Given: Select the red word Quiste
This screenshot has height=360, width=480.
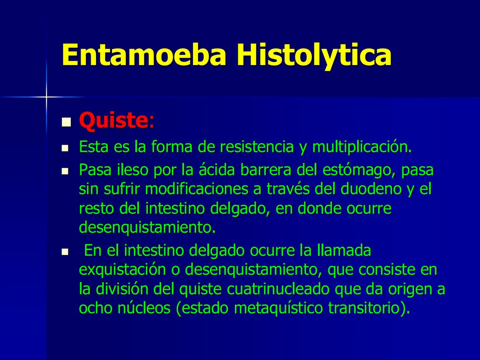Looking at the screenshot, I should (x=113, y=120).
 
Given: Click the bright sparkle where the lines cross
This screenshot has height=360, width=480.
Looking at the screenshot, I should (x=46, y=97).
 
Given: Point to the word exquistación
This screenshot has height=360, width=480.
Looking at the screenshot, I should (x=123, y=270).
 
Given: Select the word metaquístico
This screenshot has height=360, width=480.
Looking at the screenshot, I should (x=278, y=308).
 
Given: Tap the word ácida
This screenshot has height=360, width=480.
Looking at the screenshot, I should (x=217, y=170).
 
